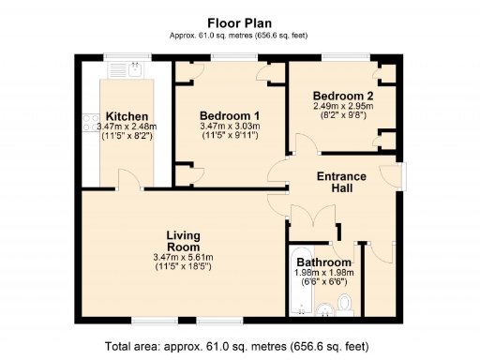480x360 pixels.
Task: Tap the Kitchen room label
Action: [125, 116]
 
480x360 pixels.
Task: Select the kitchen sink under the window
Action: [135, 67]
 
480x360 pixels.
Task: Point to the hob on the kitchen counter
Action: [90, 123]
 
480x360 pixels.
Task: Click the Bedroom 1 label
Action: [230, 115]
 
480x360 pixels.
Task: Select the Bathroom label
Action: [323, 262]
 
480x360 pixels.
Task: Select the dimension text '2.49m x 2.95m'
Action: [343, 107]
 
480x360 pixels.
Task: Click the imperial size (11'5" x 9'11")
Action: [230, 137]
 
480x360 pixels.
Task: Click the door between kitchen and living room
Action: [129, 182]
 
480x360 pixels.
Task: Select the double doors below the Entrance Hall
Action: [309, 218]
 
